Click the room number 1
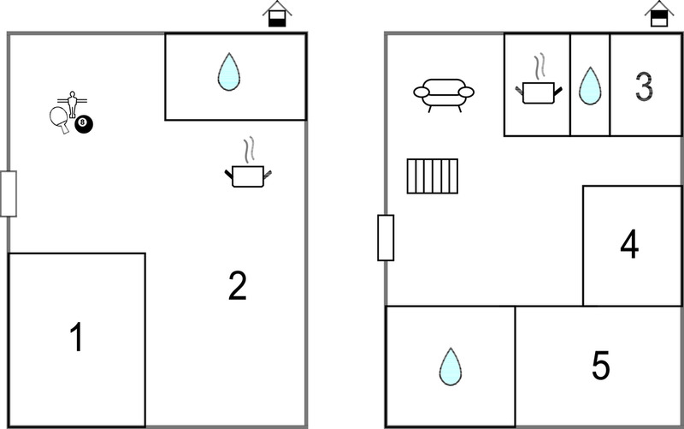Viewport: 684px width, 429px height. (x=77, y=337)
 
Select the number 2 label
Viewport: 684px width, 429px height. (x=238, y=286)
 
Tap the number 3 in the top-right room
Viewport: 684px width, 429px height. (x=644, y=86)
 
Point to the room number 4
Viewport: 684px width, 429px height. (x=629, y=245)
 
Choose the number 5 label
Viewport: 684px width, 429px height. (x=601, y=366)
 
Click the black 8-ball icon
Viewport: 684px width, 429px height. (x=84, y=124)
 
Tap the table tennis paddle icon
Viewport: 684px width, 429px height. (x=60, y=120)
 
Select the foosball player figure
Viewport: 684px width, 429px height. (x=73, y=104)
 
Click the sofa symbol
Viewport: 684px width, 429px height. (x=444, y=95)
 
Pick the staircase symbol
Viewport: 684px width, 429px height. (x=433, y=176)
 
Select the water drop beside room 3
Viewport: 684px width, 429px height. (x=590, y=86)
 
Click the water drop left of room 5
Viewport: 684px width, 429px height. (x=451, y=367)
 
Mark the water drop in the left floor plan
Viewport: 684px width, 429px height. (x=229, y=72)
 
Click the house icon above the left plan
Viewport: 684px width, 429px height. (x=277, y=15)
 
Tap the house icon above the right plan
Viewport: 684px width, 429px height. (x=659, y=15)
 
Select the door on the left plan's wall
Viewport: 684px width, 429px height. (x=9, y=194)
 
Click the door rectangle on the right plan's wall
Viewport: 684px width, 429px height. (x=386, y=238)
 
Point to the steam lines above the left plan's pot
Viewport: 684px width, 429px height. (x=249, y=149)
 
